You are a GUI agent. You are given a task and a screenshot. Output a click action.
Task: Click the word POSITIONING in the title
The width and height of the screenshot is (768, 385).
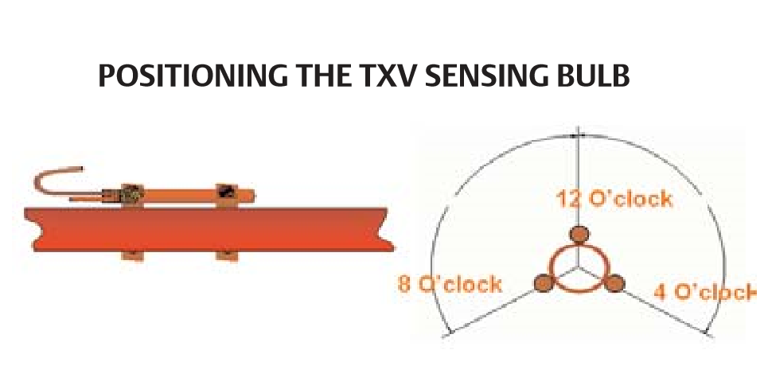pyautogui.click(x=193, y=76)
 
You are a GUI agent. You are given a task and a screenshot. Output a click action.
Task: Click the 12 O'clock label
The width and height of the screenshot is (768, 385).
pyautogui.click(x=614, y=200)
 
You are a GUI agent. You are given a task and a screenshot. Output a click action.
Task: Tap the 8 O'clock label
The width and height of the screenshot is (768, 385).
pyautogui.click(x=450, y=284)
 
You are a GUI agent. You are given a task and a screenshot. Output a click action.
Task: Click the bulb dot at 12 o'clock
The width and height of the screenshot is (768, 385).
pyautogui.click(x=579, y=235)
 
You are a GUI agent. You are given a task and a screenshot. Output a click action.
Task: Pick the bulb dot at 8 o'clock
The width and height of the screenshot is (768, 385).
pyautogui.click(x=544, y=282)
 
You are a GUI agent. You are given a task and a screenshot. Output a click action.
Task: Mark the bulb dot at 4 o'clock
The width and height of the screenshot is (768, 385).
pyautogui.click(x=614, y=283)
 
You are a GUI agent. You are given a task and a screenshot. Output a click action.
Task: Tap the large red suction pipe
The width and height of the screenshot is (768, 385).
pyautogui.click(x=209, y=230)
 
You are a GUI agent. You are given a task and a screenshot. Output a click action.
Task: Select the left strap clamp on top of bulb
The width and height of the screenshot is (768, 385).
pyautogui.click(x=132, y=194)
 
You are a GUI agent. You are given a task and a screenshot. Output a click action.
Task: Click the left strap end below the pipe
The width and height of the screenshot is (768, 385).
pyautogui.click(x=133, y=256)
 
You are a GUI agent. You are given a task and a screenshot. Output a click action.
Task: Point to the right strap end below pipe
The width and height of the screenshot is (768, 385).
pyautogui.click(x=227, y=256)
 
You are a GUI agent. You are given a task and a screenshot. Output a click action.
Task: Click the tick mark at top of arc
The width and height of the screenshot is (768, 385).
pyautogui.click(x=579, y=133)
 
